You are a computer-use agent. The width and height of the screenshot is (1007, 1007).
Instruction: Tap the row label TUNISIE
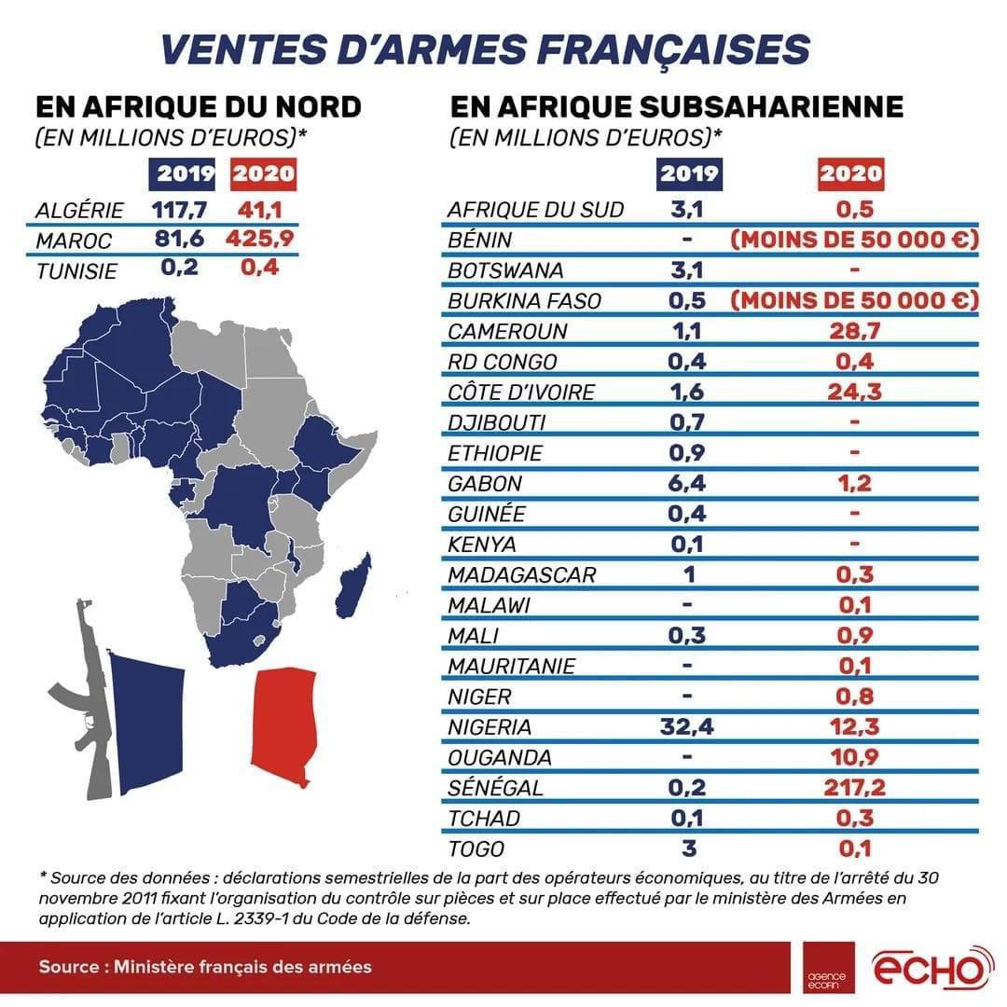click(x=76, y=271)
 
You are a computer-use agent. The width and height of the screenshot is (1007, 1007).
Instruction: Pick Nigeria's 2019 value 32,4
click(x=688, y=726)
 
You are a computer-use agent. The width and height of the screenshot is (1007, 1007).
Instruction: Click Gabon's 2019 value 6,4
click(x=688, y=483)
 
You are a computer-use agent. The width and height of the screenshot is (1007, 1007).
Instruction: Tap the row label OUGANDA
click(x=499, y=757)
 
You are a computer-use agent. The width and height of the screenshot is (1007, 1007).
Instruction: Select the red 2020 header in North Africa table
click(x=263, y=174)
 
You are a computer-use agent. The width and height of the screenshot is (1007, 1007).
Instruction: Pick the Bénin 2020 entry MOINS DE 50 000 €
click(x=854, y=240)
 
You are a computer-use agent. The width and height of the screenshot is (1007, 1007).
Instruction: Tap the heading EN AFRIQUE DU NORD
click(x=198, y=106)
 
